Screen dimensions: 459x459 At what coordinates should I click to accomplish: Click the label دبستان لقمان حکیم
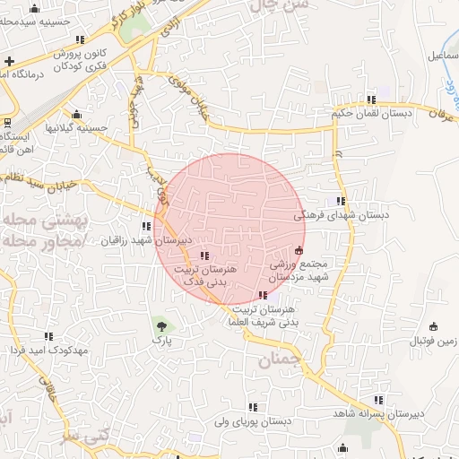pos(370,113)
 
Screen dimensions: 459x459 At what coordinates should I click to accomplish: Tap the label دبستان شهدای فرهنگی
pos(336,215)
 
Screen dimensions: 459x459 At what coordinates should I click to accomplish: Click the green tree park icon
pos(161,325)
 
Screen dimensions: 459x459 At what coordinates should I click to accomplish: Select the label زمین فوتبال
pos(434,342)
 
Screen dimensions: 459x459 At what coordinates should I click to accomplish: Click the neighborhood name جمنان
pos(275,360)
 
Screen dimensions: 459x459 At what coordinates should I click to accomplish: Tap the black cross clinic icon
pos(9,61)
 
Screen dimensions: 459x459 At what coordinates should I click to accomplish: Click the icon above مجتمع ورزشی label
pos(299,250)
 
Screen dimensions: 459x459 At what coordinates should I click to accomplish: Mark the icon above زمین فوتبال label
pos(434,326)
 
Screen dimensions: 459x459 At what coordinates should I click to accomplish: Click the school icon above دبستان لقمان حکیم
pos(370,99)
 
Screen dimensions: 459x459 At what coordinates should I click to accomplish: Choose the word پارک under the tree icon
pos(161,341)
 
